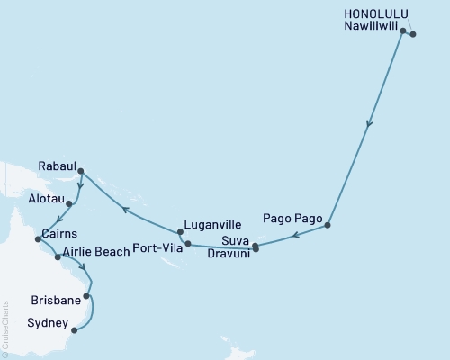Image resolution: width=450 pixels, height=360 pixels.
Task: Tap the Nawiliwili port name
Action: click(368, 27)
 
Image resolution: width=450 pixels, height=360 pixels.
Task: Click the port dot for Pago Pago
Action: click(328, 225)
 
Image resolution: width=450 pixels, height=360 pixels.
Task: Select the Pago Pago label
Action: click(289, 218)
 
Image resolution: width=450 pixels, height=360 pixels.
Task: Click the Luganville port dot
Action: click(181, 232)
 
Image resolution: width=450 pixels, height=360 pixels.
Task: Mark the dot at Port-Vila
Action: click(188, 244)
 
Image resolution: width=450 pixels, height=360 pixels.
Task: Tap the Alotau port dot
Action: click(69, 203)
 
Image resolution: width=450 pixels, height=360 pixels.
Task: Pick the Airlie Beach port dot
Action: click(58, 256)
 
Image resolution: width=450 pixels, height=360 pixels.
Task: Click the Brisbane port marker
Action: click(87, 295)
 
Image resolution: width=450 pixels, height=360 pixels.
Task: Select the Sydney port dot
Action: click(75, 330)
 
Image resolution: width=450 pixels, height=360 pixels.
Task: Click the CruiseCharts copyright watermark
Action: click(5, 329)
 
